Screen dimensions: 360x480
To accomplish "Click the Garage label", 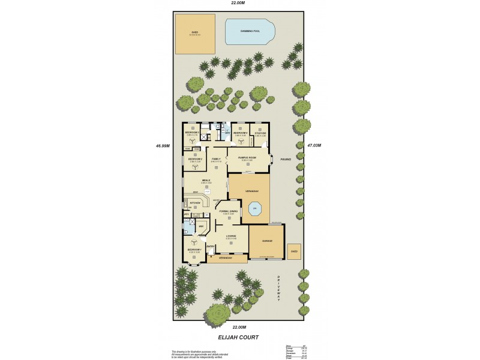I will point(267,241).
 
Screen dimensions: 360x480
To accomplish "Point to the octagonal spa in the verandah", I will point(254,209).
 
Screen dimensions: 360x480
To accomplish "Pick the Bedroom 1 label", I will point(194,249).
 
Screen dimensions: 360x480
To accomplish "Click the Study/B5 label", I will point(260,133).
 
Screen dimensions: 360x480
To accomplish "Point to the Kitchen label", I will point(194,203).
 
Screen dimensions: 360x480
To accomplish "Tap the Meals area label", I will point(205,180).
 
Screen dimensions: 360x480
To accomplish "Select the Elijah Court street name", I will point(239,337).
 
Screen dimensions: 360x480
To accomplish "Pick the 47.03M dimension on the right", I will point(314,145).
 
